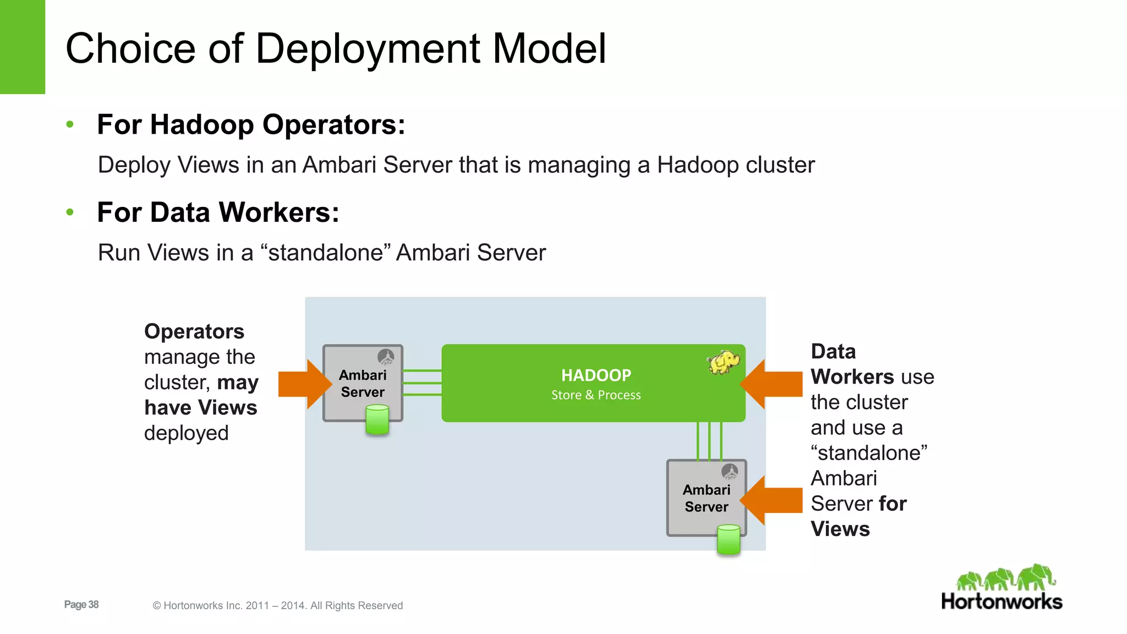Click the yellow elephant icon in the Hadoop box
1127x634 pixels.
point(723,362)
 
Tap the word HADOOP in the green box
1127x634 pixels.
point(596,375)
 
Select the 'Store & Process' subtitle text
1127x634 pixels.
point(596,395)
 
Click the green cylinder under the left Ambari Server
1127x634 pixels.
point(378,420)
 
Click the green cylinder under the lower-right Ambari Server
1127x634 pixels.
point(729,540)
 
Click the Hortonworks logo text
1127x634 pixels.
point(1002,602)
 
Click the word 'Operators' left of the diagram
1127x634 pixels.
point(194,332)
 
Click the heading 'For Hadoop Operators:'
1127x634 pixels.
point(251,125)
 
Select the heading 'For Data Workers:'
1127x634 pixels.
point(218,213)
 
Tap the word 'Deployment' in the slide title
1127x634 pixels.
point(368,49)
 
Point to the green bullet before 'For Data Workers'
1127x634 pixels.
point(70,212)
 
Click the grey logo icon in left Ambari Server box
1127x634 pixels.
point(386,357)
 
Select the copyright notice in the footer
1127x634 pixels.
point(278,606)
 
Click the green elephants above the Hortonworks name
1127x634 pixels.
point(1006,578)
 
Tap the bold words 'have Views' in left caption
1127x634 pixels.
point(200,408)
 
